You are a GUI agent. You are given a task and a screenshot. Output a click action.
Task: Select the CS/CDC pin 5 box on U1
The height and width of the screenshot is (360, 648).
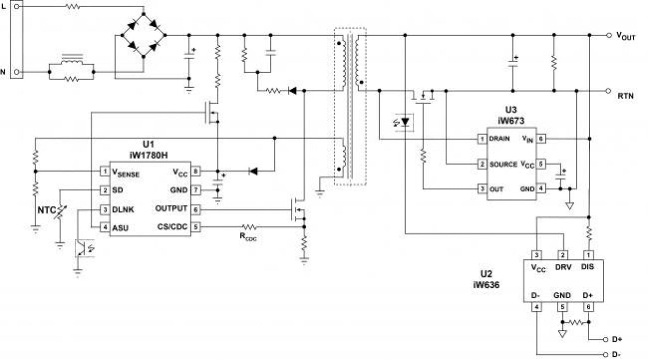(x=196, y=226)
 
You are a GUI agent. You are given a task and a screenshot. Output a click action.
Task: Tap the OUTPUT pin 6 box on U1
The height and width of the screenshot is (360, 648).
(x=196, y=209)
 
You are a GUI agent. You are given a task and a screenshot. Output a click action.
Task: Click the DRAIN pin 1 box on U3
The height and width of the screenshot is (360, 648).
(x=481, y=139)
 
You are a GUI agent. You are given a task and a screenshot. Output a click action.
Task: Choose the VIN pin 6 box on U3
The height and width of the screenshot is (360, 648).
(x=541, y=139)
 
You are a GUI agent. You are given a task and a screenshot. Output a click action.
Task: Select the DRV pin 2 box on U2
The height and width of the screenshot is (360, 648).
(x=563, y=255)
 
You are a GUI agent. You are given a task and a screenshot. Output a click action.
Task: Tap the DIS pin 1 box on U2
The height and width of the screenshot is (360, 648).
(x=588, y=255)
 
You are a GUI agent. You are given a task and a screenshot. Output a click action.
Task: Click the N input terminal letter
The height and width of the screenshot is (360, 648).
(x=4, y=72)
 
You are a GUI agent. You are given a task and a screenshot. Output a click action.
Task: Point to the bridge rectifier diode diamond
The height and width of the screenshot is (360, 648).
(x=144, y=36)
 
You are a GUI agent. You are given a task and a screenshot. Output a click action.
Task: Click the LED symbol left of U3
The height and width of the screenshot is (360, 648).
(x=405, y=122)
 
